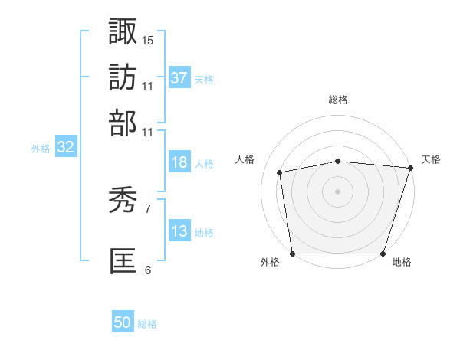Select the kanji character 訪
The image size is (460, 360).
tap(123, 77)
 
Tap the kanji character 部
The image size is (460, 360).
tap(123, 123)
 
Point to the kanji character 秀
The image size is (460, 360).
tap(123, 201)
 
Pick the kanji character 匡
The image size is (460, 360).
tap(123, 260)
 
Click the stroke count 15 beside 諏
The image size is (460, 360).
tap(148, 39)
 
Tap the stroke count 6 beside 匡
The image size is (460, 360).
tap(148, 270)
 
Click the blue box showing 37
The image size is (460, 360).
tap(179, 77)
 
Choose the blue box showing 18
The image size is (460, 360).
tap(179, 162)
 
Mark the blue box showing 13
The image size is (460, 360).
tap(179, 231)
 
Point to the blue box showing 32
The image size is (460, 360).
tap(65, 148)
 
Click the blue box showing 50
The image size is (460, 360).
tap(123, 322)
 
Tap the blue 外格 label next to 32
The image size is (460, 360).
tap(41, 149)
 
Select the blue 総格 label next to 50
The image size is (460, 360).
tap(147, 323)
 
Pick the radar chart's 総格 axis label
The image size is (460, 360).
tap(338, 100)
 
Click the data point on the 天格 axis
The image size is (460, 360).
tap(410, 168)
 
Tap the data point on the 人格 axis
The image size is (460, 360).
tap(280, 172)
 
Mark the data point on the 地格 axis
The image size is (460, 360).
tap(383, 254)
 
